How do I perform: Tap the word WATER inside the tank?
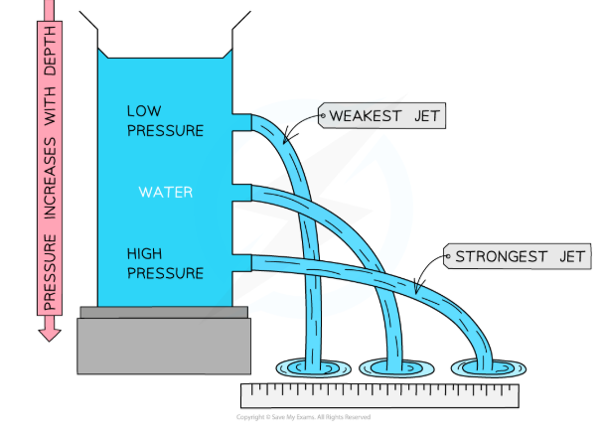165,191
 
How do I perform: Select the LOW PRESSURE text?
165,120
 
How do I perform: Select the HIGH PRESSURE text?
165,263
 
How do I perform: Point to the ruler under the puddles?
380,395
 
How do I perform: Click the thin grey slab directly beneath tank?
164,313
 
